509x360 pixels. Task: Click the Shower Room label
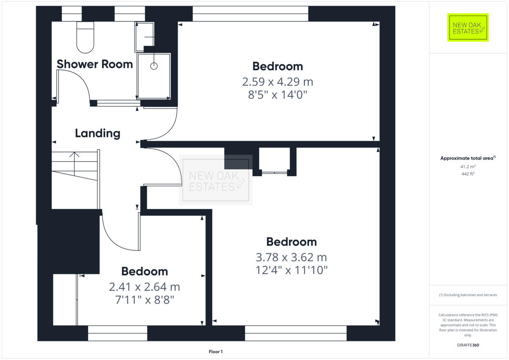tap(95, 64)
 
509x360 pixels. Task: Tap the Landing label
tap(98, 133)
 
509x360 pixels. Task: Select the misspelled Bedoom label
tap(144, 271)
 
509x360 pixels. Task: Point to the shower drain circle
tap(154, 66)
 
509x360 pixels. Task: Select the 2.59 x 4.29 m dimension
tap(278, 81)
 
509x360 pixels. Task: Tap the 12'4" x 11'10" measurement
tap(291, 270)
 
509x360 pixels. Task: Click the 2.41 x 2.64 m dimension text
tap(144, 287)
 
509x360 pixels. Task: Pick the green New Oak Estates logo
tap(468, 28)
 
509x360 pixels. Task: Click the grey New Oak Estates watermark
tap(216, 180)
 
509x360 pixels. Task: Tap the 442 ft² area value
tap(468, 174)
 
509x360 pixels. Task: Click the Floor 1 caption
tap(215, 352)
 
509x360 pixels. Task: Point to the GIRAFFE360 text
tap(468, 345)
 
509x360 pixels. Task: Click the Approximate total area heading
tap(467, 158)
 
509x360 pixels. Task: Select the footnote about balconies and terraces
tap(468, 295)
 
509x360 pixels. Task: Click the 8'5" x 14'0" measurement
tap(278, 95)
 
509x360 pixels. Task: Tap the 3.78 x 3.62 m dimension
tap(291, 257)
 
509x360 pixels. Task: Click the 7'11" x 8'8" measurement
tap(144, 300)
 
